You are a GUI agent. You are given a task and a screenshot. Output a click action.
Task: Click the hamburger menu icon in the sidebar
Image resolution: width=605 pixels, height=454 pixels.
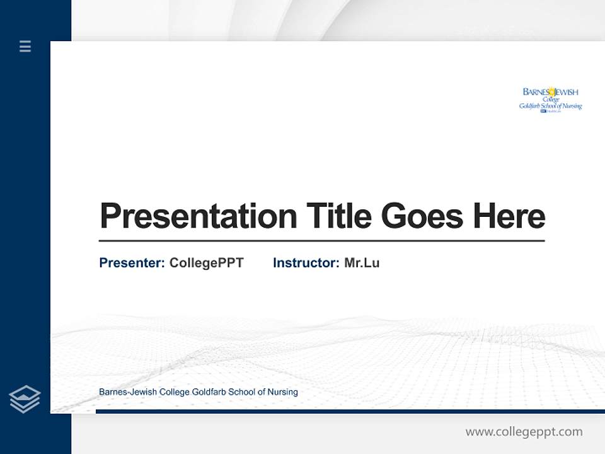pyautogui.click(x=25, y=46)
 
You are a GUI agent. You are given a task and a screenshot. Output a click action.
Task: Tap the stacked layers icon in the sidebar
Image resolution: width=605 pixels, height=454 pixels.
pyautogui.click(x=25, y=399)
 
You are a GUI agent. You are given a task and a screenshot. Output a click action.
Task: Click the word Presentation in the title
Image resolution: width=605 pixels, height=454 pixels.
pyautogui.click(x=198, y=216)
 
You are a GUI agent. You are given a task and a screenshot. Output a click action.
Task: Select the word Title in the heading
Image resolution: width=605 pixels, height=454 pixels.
pyautogui.click(x=338, y=216)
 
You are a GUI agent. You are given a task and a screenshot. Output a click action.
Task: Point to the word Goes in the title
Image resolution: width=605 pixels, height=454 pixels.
pyautogui.click(x=423, y=216)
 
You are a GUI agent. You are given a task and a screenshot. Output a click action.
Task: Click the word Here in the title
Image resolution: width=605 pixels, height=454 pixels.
pyautogui.click(x=509, y=216)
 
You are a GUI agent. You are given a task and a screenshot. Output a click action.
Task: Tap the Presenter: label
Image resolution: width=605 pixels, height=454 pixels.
pyautogui.click(x=132, y=263)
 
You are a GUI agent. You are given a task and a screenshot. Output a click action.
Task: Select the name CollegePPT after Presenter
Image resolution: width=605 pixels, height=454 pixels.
pyautogui.click(x=206, y=263)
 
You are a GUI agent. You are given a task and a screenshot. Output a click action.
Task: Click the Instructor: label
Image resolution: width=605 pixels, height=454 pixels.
pyautogui.click(x=306, y=263)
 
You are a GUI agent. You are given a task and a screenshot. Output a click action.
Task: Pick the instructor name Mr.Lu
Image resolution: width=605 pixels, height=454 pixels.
pyautogui.click(x=362, y=263)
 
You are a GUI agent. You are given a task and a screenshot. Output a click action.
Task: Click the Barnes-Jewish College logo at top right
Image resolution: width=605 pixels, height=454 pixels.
pyautogui.click(x=550, y=100)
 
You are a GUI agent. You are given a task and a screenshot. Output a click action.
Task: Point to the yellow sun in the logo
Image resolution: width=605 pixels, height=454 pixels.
pyautogui.click(x=551, y=91)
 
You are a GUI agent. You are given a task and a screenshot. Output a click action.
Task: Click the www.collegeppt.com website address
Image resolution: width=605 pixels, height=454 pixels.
pyautogui.click(x=524, y=432)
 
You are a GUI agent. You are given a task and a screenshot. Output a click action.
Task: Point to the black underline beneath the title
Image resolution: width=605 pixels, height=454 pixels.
pyautogui.click(x=321, y=240)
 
